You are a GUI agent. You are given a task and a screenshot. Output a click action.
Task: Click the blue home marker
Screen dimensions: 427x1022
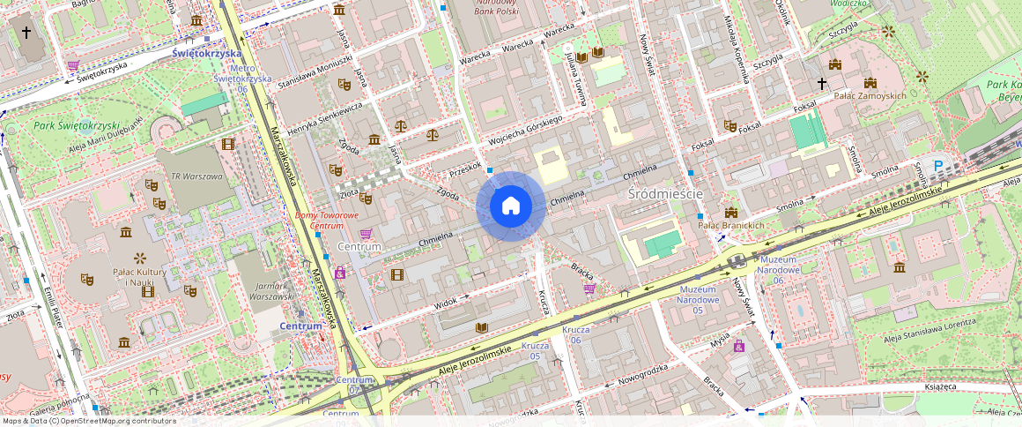pyautogui.click(x=510, y=206)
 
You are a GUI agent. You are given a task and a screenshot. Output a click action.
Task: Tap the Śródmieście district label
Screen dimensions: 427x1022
pyautogui.click(x=664, y=193)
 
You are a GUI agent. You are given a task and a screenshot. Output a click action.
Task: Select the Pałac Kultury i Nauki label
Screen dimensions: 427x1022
pyautogui.click(x=139, y=276)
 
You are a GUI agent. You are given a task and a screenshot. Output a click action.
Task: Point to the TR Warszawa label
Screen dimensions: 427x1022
pyautogui.click(x=197, y=176)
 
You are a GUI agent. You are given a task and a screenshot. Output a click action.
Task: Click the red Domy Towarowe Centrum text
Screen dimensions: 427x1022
pyautogui.click(x=326, y=221)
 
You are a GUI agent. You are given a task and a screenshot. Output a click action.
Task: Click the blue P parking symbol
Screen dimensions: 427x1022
pyautogui.click(x=937, y=164)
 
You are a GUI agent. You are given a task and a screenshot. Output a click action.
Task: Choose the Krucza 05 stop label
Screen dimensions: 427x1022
pyautogui.click(x=535, y=350)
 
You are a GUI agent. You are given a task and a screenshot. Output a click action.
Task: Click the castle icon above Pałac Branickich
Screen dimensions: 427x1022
pyautogui.click(x=730, y=212)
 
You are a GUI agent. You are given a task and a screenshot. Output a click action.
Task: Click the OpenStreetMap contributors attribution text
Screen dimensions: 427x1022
pyautogui.click(x=88, y=421)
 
